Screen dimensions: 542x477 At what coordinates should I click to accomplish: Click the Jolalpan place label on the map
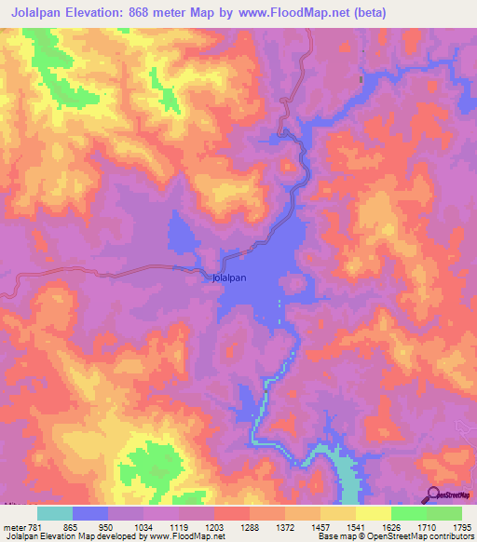tap(229, 278)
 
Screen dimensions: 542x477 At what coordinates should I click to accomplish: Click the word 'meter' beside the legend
tap(14, 526)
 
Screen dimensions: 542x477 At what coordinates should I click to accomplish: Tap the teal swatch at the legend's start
tap(55, 513)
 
